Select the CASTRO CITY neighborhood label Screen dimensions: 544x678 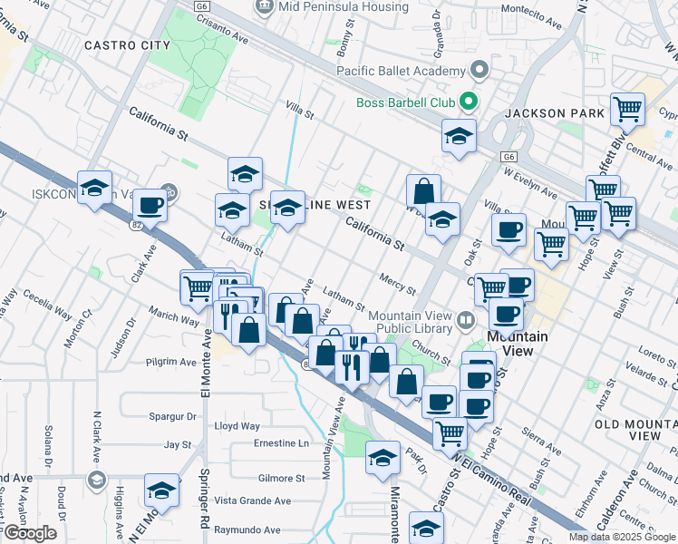click(127, 44)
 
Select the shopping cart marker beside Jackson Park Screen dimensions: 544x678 click(627, 111)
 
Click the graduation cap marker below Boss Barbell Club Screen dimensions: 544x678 click(460, 137)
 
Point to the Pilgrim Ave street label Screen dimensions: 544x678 click(171, 362)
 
